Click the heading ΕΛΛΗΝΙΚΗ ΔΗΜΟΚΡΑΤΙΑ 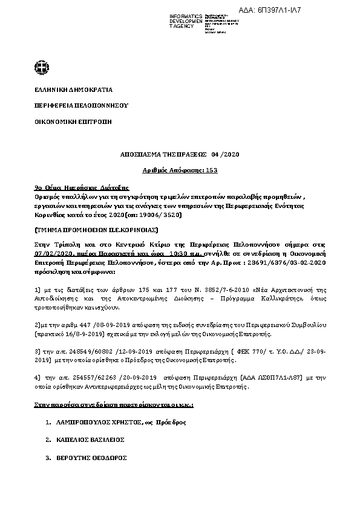click(73, 89)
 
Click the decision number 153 click(212, 170)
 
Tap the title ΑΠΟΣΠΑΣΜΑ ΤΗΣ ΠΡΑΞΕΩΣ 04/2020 click(180, 155)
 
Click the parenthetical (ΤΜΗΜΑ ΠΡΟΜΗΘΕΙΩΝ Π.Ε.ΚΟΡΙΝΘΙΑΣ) click(88, 230)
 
